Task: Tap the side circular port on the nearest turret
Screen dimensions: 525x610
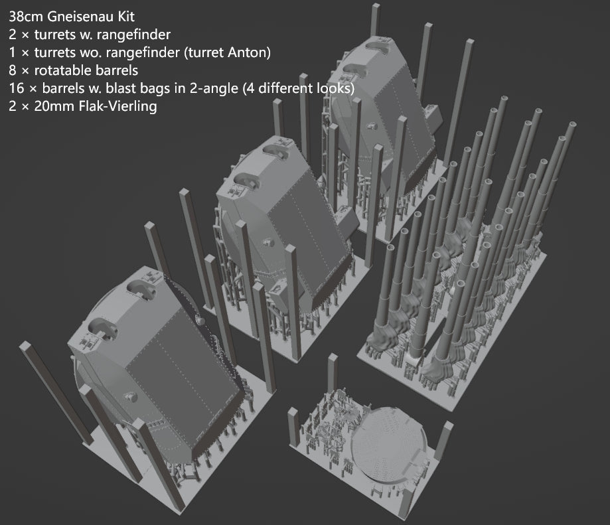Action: click(x=130, y=398)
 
